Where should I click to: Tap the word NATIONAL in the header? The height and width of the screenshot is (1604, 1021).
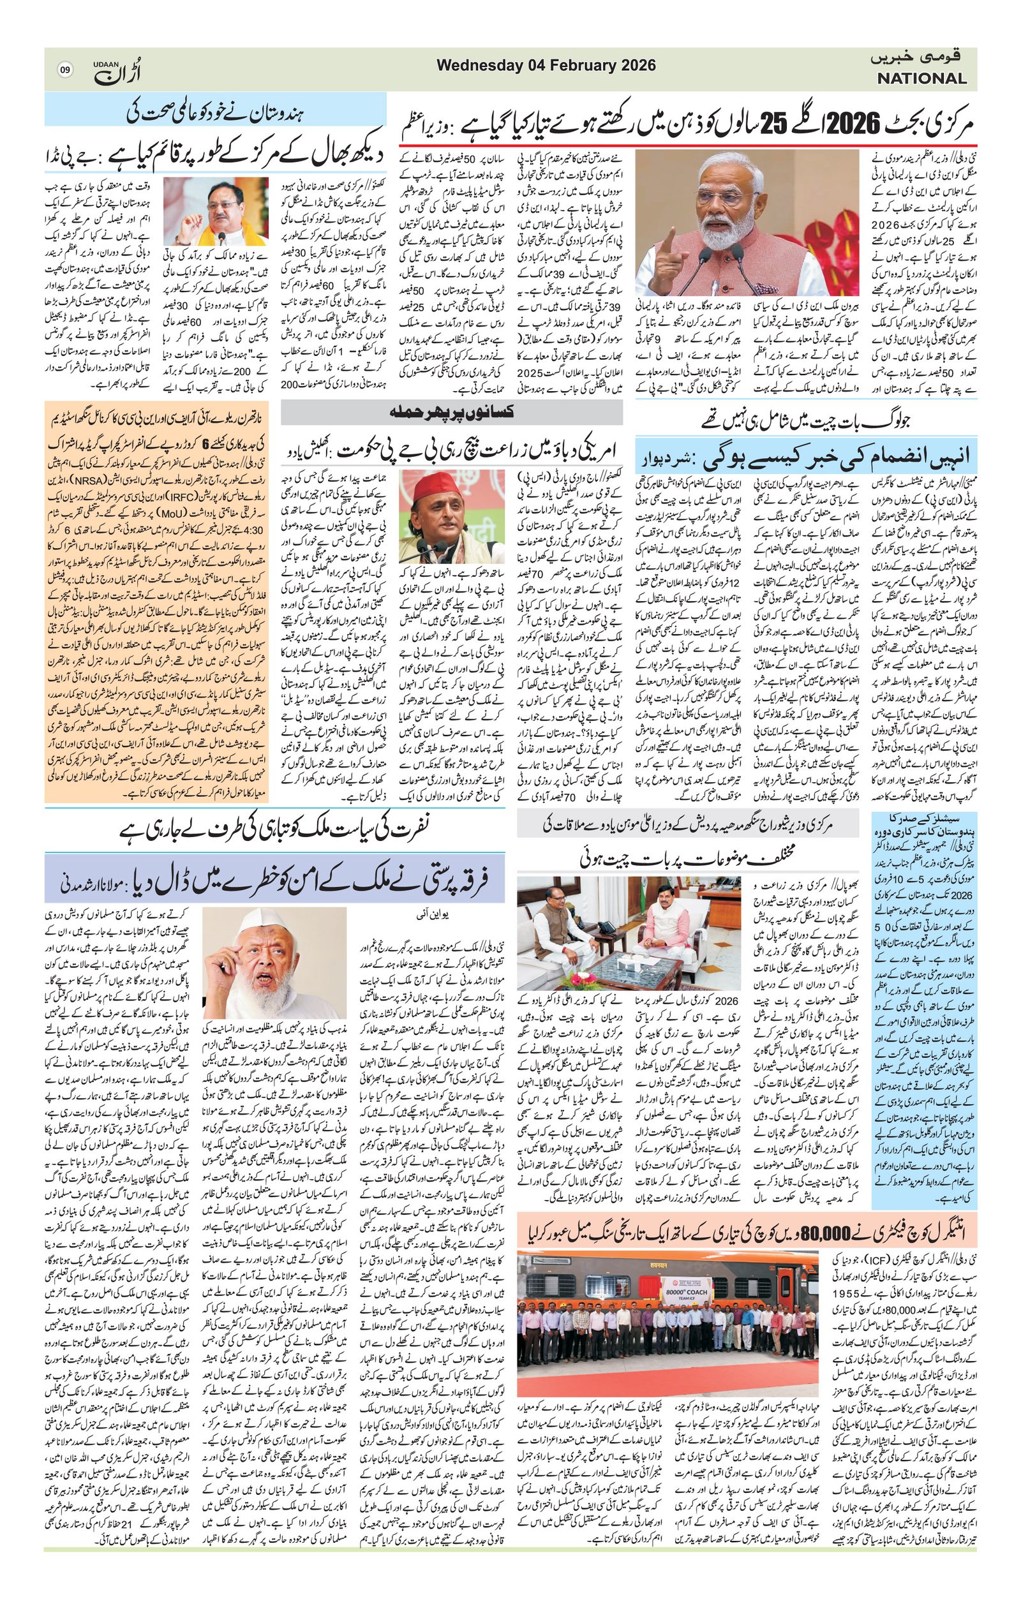point(921,78)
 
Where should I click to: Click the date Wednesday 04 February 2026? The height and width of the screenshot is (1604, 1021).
point(546,65)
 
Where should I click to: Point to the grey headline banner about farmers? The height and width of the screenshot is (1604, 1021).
point(452,413)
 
